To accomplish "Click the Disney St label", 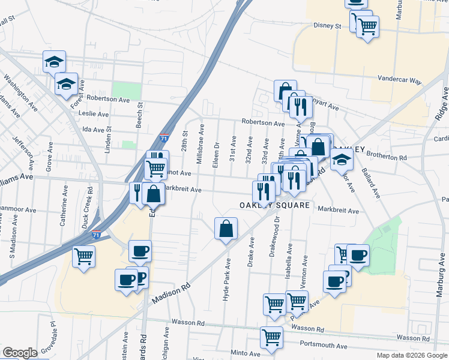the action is (327, 26).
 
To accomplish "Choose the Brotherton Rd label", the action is (386, 157).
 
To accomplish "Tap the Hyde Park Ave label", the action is (227, 280).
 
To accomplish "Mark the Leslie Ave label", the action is (95, 113).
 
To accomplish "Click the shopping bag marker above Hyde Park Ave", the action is (226, 229).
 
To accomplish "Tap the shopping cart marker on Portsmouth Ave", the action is (271, 337).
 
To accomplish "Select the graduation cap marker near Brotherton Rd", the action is (342, 160).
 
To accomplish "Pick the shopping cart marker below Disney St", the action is (367, 26).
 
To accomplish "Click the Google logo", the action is (20, 353).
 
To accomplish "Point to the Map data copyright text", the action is (412, 355).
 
